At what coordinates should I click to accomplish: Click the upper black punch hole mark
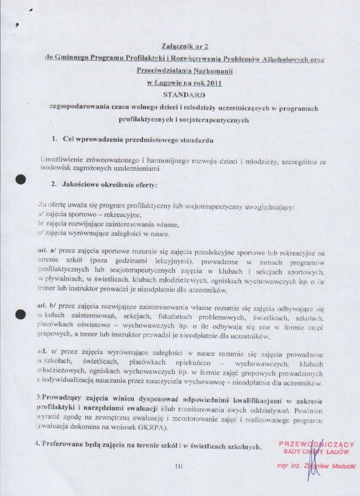pos(20,180)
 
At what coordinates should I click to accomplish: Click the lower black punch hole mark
pos(20,313)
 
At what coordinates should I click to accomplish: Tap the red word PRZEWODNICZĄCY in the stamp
pos(316,445)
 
